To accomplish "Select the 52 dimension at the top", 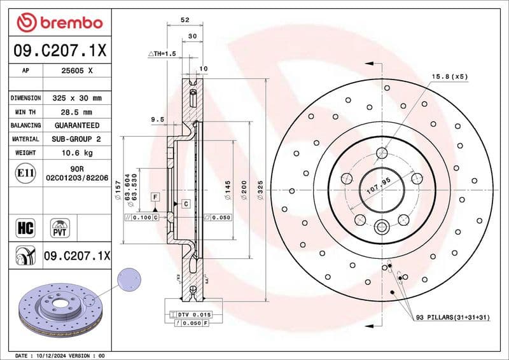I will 185,20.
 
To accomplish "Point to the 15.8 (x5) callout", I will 450,76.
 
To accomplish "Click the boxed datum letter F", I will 154,198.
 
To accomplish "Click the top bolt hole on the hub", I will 382,153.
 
